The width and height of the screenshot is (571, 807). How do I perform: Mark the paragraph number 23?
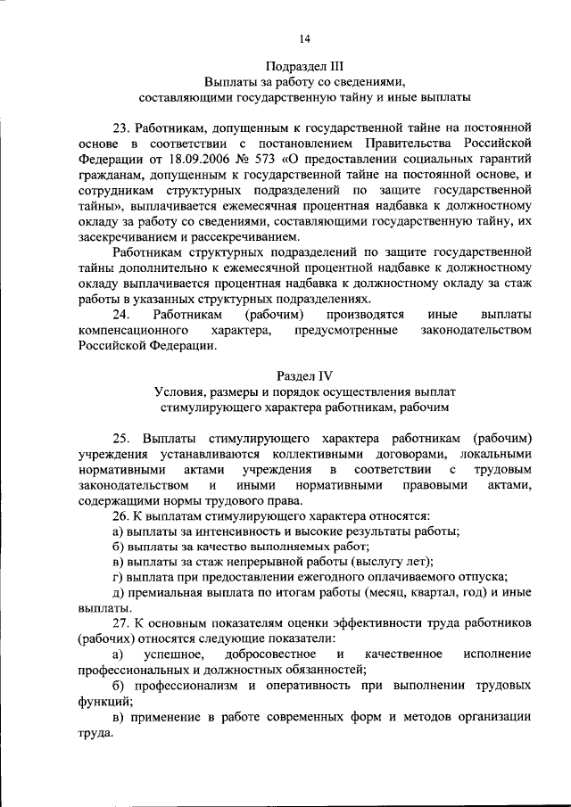(121, 126)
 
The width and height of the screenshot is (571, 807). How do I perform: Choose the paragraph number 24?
(121, 315)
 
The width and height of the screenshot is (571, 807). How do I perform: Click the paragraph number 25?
(121, 438)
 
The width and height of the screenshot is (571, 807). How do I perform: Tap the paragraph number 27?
(121, 622)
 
